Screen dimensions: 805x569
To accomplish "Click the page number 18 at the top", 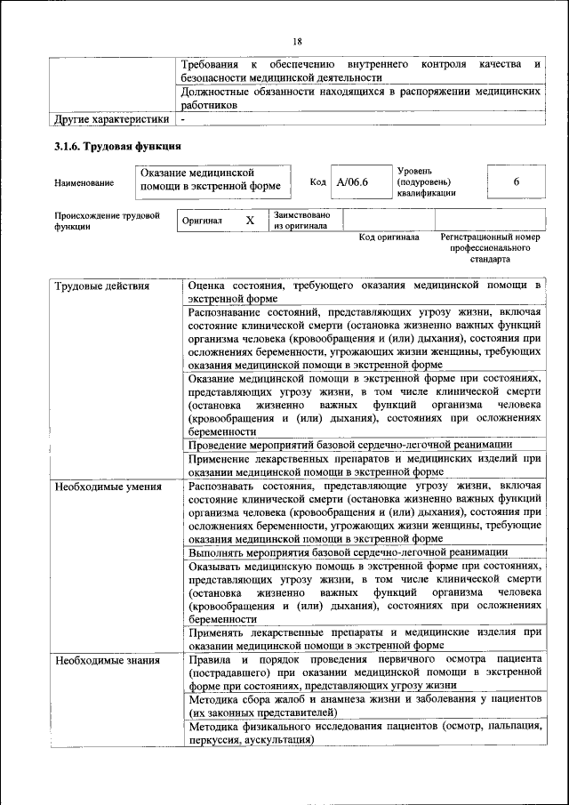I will (x=297, y=41).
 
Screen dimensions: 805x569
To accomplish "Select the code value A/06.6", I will (x=352, y=181).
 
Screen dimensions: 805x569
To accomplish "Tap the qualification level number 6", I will (x=516, y=181).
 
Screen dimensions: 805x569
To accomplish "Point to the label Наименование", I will (x=84, y=182).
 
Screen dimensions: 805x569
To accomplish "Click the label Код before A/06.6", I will (x=317, y=181).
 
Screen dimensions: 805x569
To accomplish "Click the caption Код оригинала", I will (x=389, y=237).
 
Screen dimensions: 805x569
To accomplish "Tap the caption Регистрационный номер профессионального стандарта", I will (x=490, y=249).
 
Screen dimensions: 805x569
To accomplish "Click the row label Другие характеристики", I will (x=111, y=117).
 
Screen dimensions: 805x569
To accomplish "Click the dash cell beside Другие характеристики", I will (x=183, y=117).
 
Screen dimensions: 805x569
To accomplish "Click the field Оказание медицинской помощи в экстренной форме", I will (x=211, y=180).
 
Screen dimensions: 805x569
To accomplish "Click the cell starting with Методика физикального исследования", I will (x=365, y=733).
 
